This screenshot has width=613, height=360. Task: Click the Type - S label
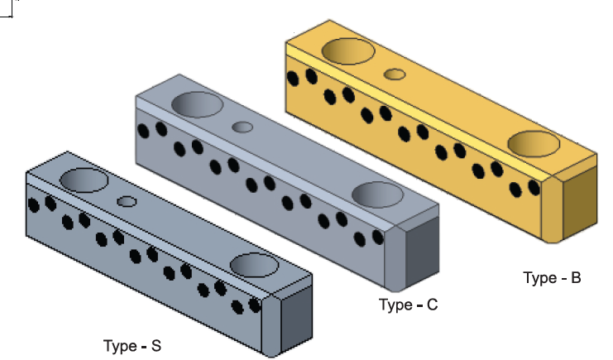pyautogui.click(x=132, y=345)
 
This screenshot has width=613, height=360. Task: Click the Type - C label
pyautogui.click(x=408, y=305)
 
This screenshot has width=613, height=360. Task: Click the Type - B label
pyautogui.click(x=552, y=277)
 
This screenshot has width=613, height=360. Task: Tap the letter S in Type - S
pyautogui.click(x=156, y=345)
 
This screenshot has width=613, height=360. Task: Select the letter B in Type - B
pyautogui.click(x=576, y=277)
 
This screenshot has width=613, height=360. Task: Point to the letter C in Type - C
pyautogui.click(x=432, y=305)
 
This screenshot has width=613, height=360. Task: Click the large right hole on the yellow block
pyautogui.click(x=534, y=143)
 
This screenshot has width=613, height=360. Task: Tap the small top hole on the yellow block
pyautogui.click(x=395, y=74)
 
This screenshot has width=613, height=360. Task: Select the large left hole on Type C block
pyautogui.click(x=198, y=105)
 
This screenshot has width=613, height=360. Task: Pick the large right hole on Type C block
pyautogui.click(x=377, y=194)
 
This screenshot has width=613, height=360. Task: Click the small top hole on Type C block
pyautogui.click(x=242, y=127)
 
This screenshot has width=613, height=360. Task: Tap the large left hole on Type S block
pyautogui.click(x=84, y=180)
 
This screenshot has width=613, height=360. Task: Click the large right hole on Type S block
pyautogui.click(x=255, y=265)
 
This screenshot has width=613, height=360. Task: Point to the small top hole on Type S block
pyautogui.click(x=127, y=201)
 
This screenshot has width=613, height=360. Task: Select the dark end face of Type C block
pyautogui.click(x=424, y=252)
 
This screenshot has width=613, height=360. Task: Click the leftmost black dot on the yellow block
pyautogui.click(x=292, y=79)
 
